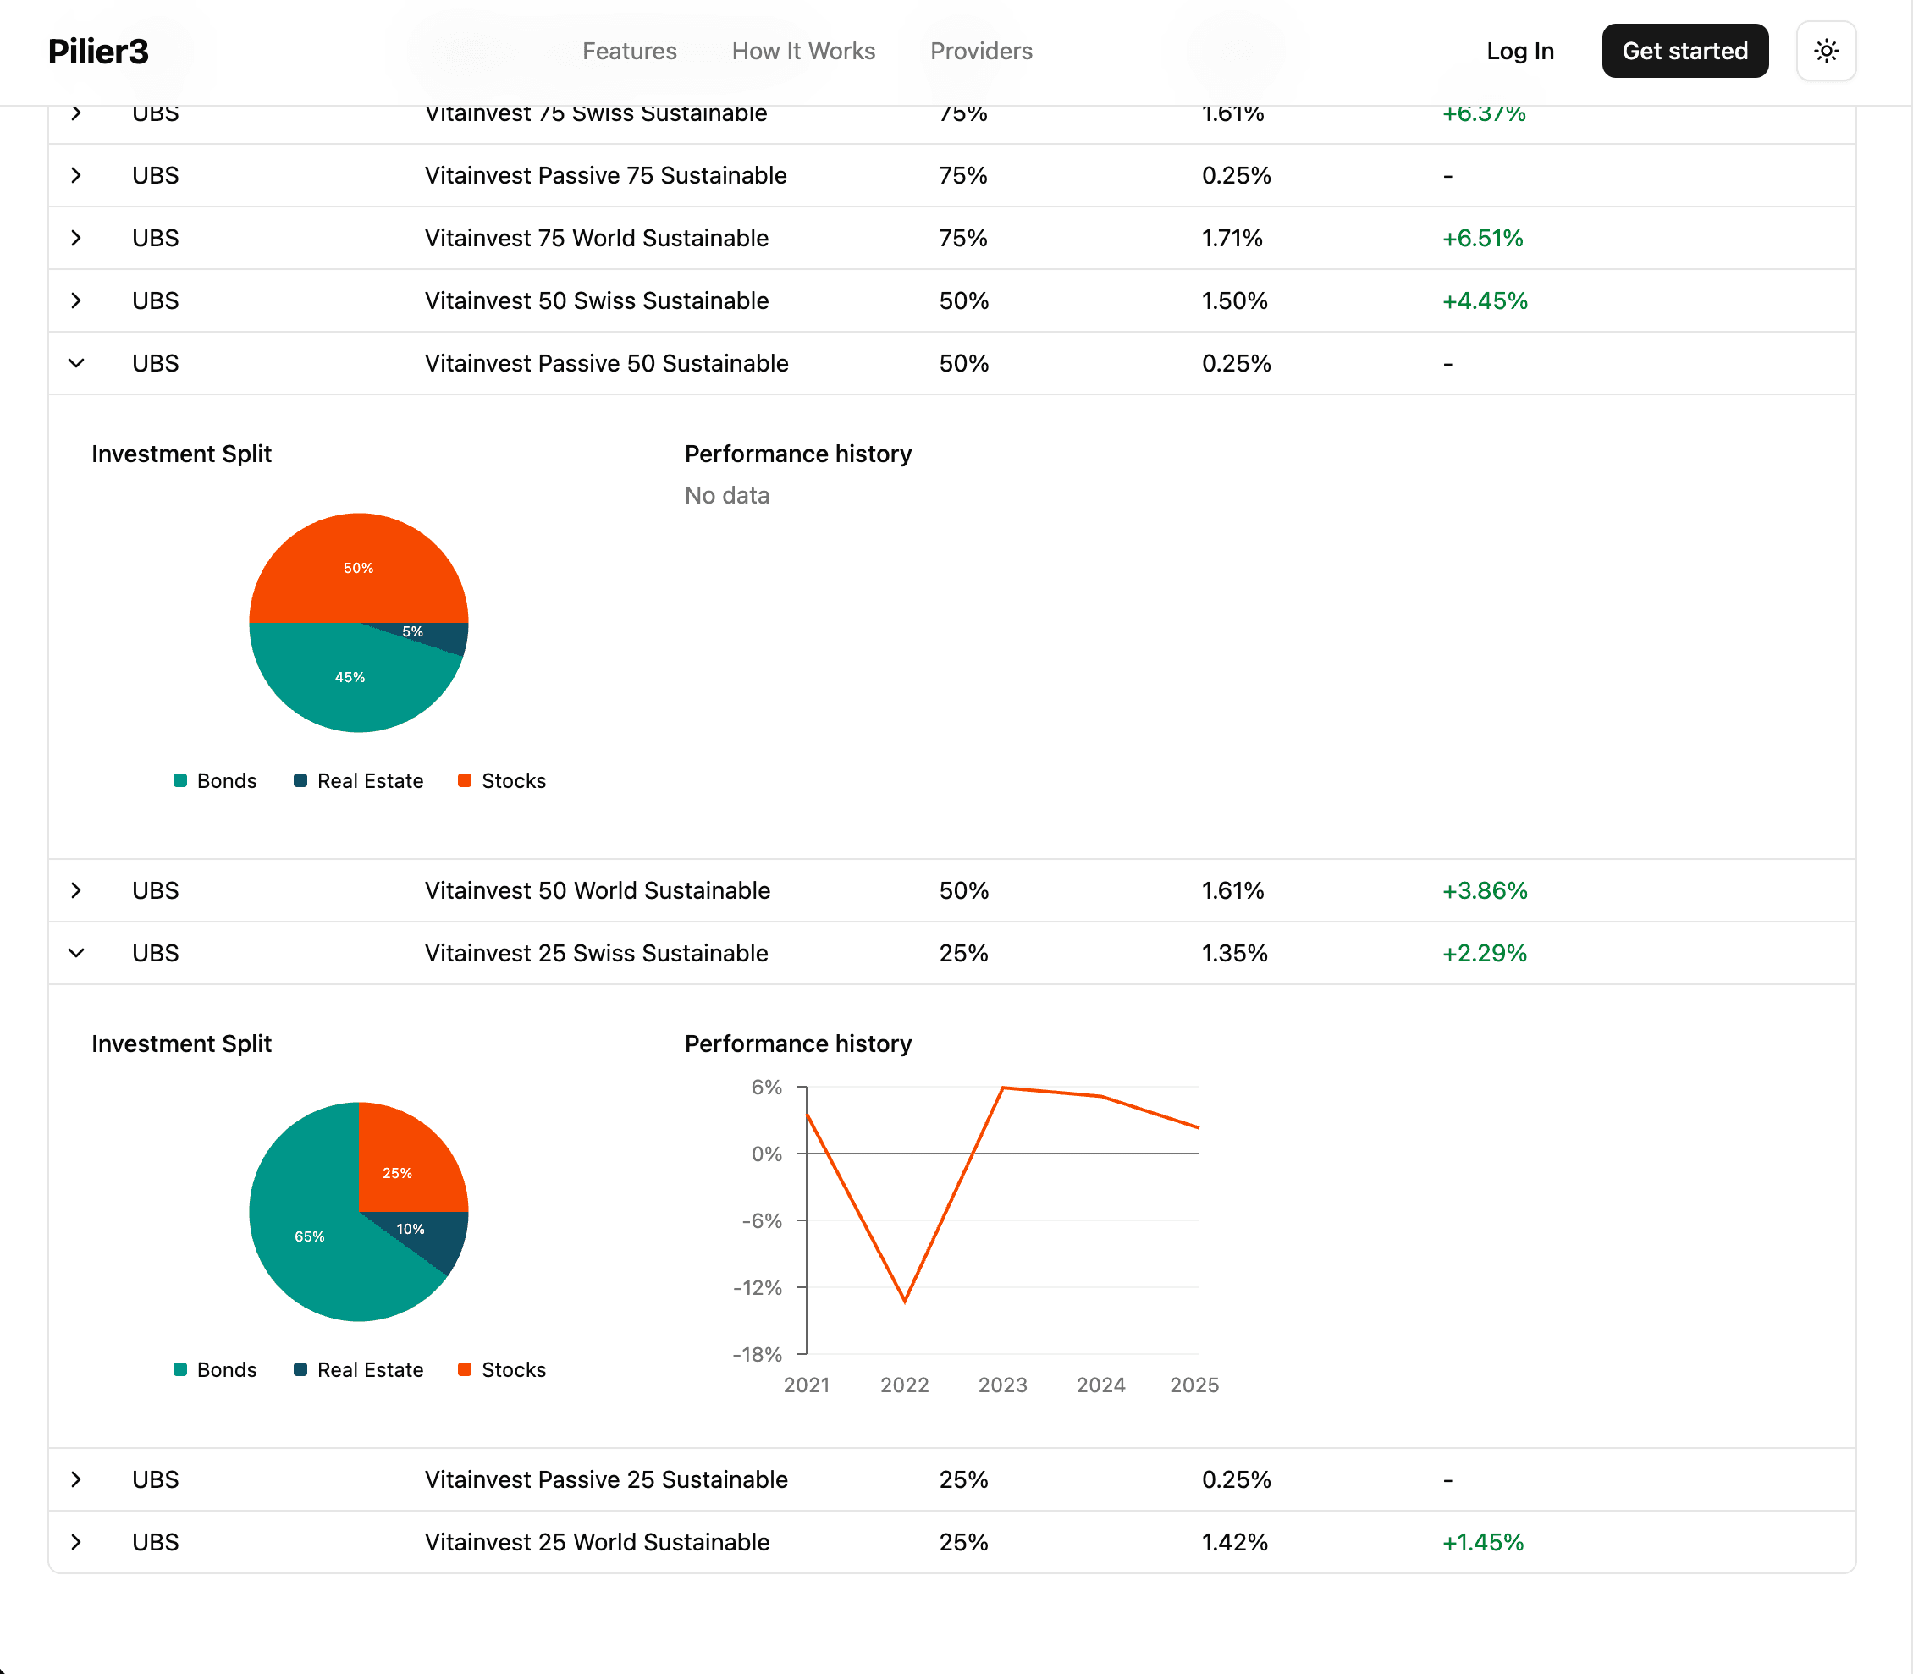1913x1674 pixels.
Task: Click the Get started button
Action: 1684,52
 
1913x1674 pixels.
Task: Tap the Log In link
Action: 1519,52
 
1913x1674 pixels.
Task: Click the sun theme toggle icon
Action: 1825,52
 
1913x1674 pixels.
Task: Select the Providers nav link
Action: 981,52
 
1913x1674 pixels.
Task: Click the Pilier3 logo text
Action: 98,52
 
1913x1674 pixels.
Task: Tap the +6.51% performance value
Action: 1482,238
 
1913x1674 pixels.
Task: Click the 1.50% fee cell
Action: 1234,300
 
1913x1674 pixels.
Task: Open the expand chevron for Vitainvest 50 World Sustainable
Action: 76,890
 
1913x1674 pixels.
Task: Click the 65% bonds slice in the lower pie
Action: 309,1236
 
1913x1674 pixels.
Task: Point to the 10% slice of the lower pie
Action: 421,1233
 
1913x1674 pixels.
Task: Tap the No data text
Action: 727,495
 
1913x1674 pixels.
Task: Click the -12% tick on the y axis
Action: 758,1287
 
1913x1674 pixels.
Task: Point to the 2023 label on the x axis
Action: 1002,1385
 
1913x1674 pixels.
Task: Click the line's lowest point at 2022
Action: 904,1299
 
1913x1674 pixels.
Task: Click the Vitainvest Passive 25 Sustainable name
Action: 606,1479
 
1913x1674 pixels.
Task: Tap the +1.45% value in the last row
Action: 1482,1542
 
